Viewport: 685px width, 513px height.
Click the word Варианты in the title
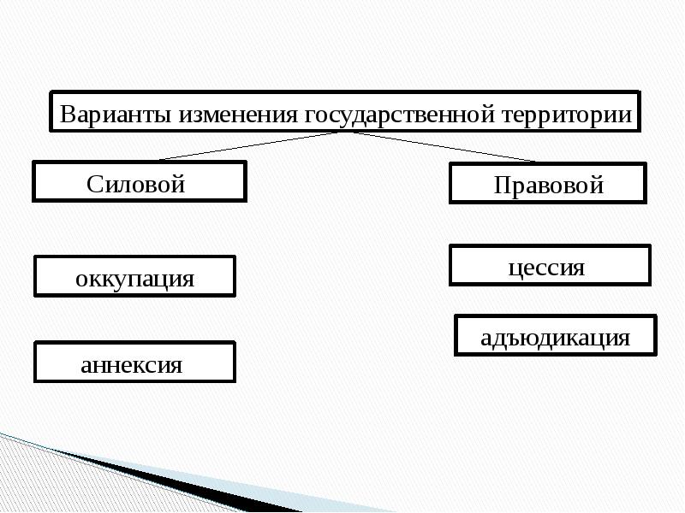(x=115, y=114)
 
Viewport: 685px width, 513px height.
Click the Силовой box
(x=139, y=182)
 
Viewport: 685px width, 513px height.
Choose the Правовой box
(x=548, y=184)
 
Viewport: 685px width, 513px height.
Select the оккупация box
(x=134, y=276)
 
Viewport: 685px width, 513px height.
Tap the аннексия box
(x=134, y=363)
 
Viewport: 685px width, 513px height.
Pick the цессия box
(x=550, y=266)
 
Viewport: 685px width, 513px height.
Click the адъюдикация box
(x=556, y=335)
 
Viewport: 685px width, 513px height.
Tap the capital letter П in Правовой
(x=501, y=185)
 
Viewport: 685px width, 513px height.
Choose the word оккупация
(x=134, y=279)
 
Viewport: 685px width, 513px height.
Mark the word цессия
(x=546, y=268)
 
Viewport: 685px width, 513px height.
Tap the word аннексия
(x=132, y=365)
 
